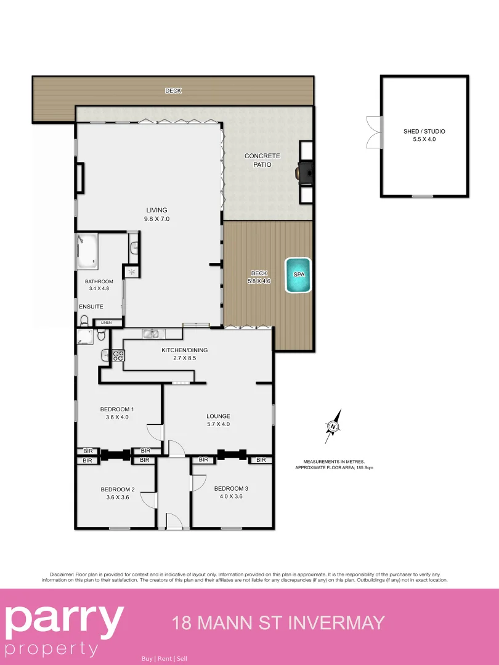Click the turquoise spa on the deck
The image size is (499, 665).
click(x=298, y=275)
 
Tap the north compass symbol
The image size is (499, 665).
click(x=333, y=426)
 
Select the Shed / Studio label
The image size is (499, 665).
click(x=424, y=131)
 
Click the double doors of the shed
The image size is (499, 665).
click(x=373, y=132)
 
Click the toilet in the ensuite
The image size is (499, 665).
click(x=84, y=320)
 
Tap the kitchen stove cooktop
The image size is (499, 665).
click(x=118, y=355)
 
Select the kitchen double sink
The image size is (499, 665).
click(x=152, y=334)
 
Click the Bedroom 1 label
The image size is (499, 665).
click(x=117, y=409)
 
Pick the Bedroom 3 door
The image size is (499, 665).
click(x=198, y=482)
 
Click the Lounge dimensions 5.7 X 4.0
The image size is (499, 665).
click(x=218, y=424)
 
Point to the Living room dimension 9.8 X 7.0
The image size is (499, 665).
click(x=156, y=219)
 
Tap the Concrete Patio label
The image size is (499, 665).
click(x=262, y=160)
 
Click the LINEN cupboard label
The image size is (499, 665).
click(x=107, y=322)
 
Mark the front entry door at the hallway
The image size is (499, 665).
click(x=174, y=522)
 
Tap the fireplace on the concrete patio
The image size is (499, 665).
click(x=304, y=172)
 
